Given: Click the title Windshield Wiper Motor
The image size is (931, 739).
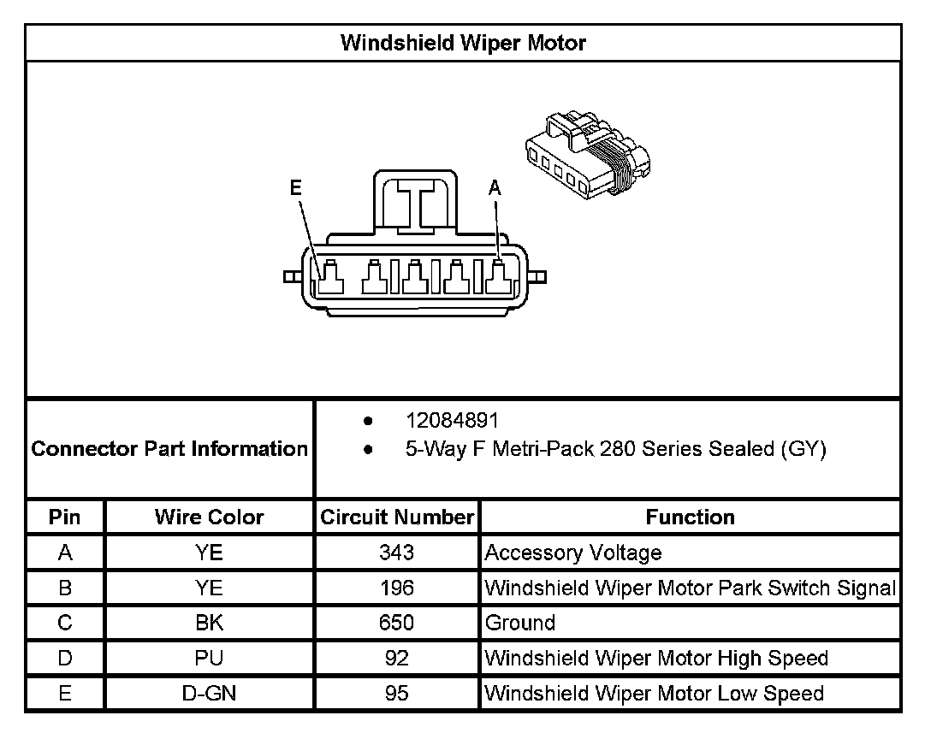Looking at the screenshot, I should click(463, 43).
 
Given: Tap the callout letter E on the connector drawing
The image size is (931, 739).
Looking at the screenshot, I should click(296, 188).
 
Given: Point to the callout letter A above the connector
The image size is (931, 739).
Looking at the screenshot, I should click(495, 188).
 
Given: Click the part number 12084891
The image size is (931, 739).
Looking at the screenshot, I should click(451, 421).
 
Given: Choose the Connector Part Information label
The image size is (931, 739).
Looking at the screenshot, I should click(169, 448).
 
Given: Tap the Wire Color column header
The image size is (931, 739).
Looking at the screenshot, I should click(209, 517).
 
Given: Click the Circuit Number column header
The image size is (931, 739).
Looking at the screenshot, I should click(396, 517).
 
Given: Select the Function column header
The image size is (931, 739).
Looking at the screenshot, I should click(690, 517).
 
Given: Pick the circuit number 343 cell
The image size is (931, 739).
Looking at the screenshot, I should click(396, 553).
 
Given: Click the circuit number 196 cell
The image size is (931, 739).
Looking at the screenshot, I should click(396, 588).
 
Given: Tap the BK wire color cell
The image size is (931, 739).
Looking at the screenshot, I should click(209, 623).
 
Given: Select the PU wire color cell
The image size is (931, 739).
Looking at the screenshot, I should click(209, 658).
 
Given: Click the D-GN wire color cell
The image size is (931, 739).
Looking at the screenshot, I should click(209, 693).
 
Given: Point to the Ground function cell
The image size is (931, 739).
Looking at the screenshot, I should click(520, 623).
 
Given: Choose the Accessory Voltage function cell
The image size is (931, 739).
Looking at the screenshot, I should click(573, 553).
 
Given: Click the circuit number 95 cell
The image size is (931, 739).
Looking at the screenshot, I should click(396, 693).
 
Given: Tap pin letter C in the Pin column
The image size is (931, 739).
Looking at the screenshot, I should click(65, 623).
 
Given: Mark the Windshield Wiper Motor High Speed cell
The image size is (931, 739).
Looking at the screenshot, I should click(656, 658).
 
